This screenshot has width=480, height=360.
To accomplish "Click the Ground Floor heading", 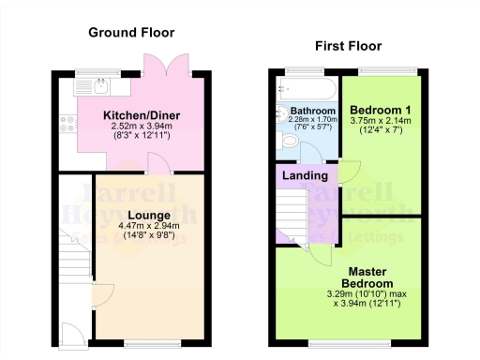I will pyautogui.click(x=131, y=32).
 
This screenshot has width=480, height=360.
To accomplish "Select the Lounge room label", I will pyautogui.click(x=143, y=215).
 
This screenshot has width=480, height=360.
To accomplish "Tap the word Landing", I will pyautogui.click(x=306, y=175).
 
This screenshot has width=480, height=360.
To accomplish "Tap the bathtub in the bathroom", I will pyautogui.click(x=306, y=89).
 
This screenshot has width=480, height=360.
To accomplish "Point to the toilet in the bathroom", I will pyautogui.click(x=290, y=142).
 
